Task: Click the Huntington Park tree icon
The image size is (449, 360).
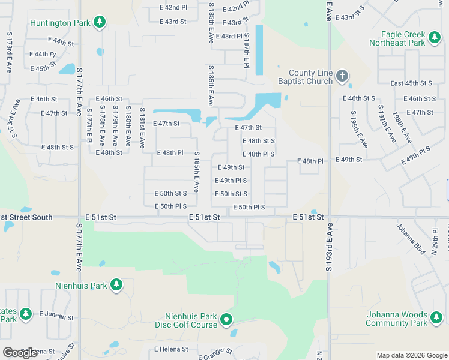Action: tap(100, 23)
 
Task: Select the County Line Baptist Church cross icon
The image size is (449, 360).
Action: tap(342, 76)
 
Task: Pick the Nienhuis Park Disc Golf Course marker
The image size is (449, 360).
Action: tap(226, 320)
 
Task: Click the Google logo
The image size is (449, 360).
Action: tap(20, 353)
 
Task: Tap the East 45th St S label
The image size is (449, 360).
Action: tap(411, 83)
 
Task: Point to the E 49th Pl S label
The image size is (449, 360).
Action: tap(231, 181)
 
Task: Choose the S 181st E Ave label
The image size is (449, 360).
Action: tap(142, 127)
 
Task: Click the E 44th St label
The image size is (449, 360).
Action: tap(61, 43)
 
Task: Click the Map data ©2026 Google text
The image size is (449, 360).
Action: tap(412, 355)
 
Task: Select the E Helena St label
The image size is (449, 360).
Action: tap(171, 349)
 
